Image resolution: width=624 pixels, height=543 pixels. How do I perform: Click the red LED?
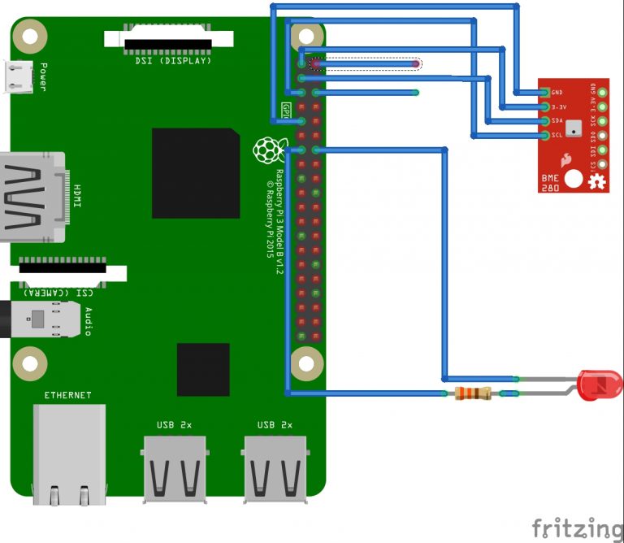click(596, 384)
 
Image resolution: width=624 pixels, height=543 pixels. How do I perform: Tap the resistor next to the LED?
click(473, 394)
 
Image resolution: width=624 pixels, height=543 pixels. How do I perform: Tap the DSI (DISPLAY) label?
click(173, 60)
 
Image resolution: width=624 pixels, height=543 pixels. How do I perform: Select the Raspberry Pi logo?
click(266, 150)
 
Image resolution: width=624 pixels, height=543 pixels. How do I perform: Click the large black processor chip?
click(195, 172)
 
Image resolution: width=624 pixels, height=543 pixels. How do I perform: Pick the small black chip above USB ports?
click(203, 370)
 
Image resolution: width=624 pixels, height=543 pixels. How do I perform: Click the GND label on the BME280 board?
click(557, 93)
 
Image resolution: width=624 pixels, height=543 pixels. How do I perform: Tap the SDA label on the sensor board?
click(557, 120)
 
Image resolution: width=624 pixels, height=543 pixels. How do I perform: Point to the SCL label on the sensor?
click(557, 134)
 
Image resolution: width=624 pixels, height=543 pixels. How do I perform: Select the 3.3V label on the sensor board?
click(558, 106)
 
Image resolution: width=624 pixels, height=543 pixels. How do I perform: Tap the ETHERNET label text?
click(68, 396)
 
